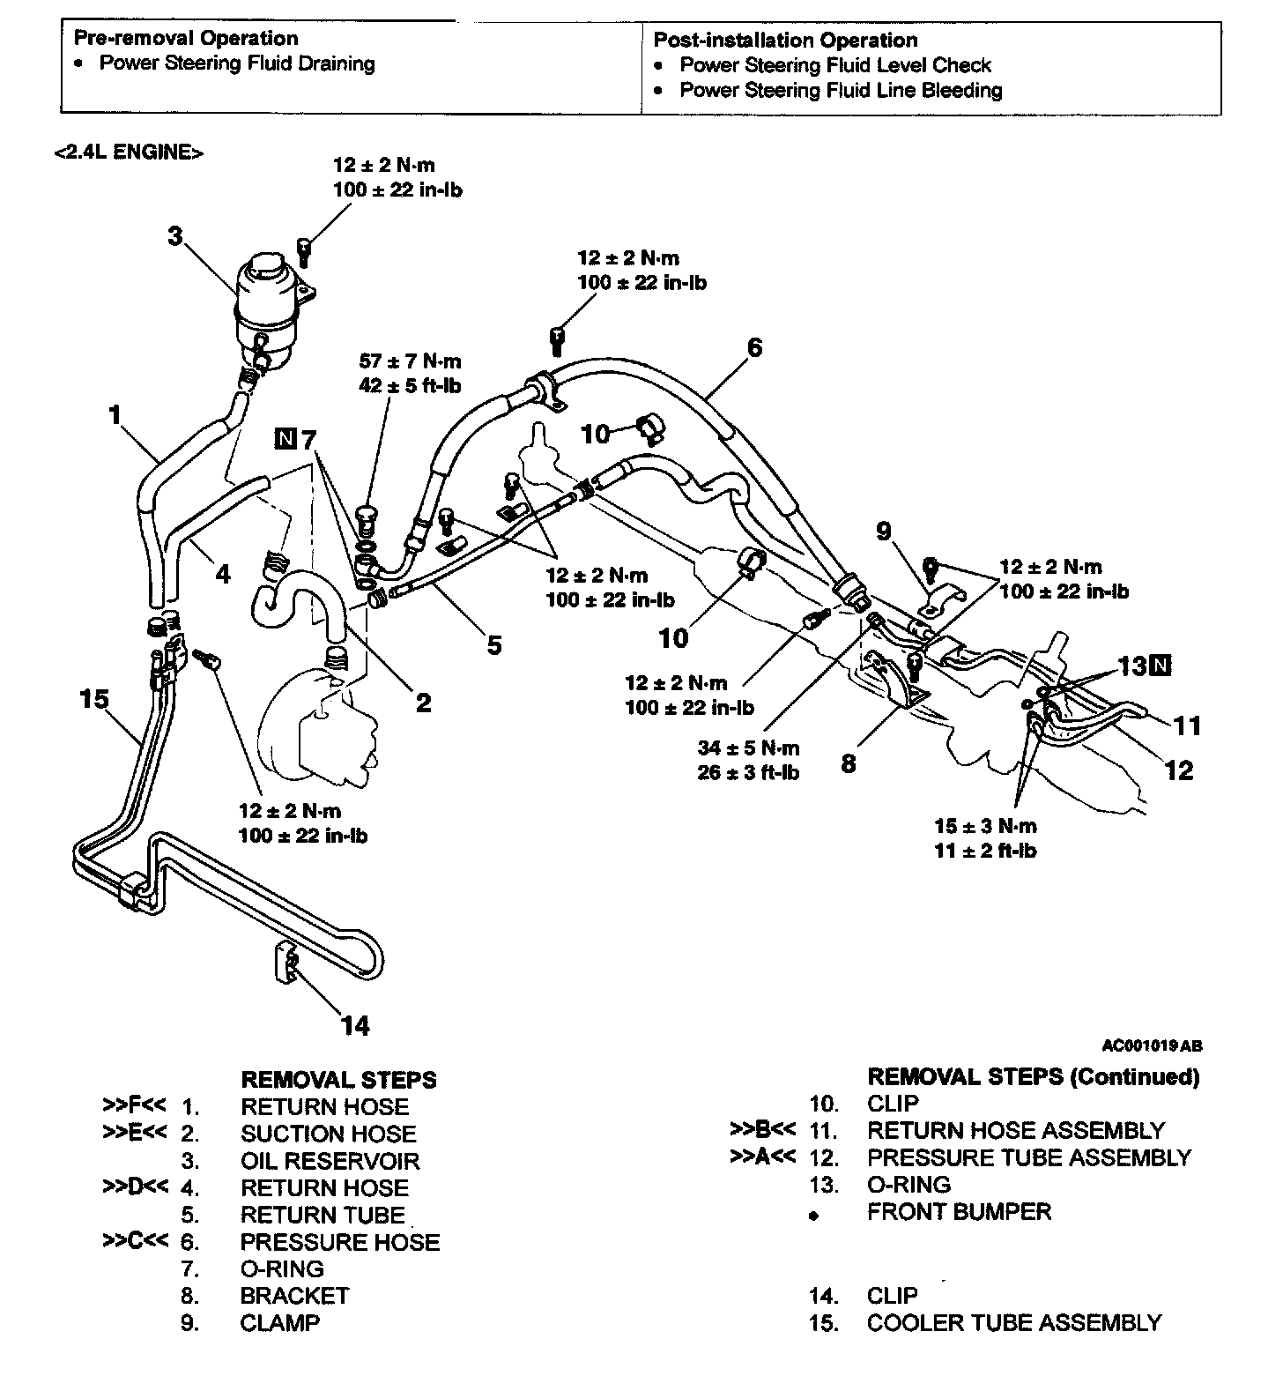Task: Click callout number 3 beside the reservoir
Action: pyautogui.click(x=176, y=236)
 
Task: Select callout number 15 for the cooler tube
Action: pyautogui.click(x=93, y=700)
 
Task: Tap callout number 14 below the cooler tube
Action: pyautogui.click(x=355, y=1025)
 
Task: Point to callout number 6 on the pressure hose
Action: pyautogui.click(x=754, y=347)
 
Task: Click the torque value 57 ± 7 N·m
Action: pyautogui.click(x=410, y=361)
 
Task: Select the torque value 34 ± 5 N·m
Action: pyautogui.click(x=748, y=748)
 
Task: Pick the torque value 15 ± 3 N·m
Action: pyautogui.click(x=985, y=826)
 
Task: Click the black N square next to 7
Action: pyautogui.click(x=286, y=437)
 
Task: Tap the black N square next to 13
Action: pyautogui.click(x=1161, y=666)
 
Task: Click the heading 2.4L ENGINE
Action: pyautogui.click(x=129, y=152)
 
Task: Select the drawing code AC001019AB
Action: pyautogui.click(x=1152, y=1046)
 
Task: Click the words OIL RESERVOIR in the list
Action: pyautogui.click(x=330, y=1161)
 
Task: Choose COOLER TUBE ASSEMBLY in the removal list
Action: pyautogui.click(x=1013, y=1322)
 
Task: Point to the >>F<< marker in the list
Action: pyautogui.click(x=134, y=1105)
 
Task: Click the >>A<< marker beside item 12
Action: pyautogui.click(x=763, y=1157)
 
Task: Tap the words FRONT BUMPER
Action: pyautogui.click(x=959, y=1211)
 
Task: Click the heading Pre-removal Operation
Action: pyautogui.click(x=186, y=38)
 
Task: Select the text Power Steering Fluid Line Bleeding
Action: pyautogui.click(x=841, y=90)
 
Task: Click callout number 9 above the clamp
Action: pyautogui.click(x=884, y=532)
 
